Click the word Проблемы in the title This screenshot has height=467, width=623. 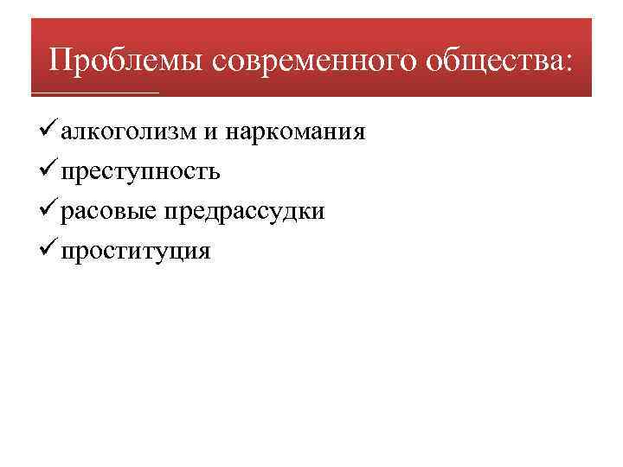click(126, 60)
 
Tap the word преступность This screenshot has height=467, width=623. click(140, 172)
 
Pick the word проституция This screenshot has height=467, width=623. click(136, 252)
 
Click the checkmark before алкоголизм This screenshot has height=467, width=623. click(48, 131)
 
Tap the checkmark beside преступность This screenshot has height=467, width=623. click(48, 171)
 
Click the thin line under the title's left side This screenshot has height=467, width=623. click(95, 92)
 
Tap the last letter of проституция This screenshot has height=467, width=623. click(204, 253)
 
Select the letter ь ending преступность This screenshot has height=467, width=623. click(214, 173)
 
